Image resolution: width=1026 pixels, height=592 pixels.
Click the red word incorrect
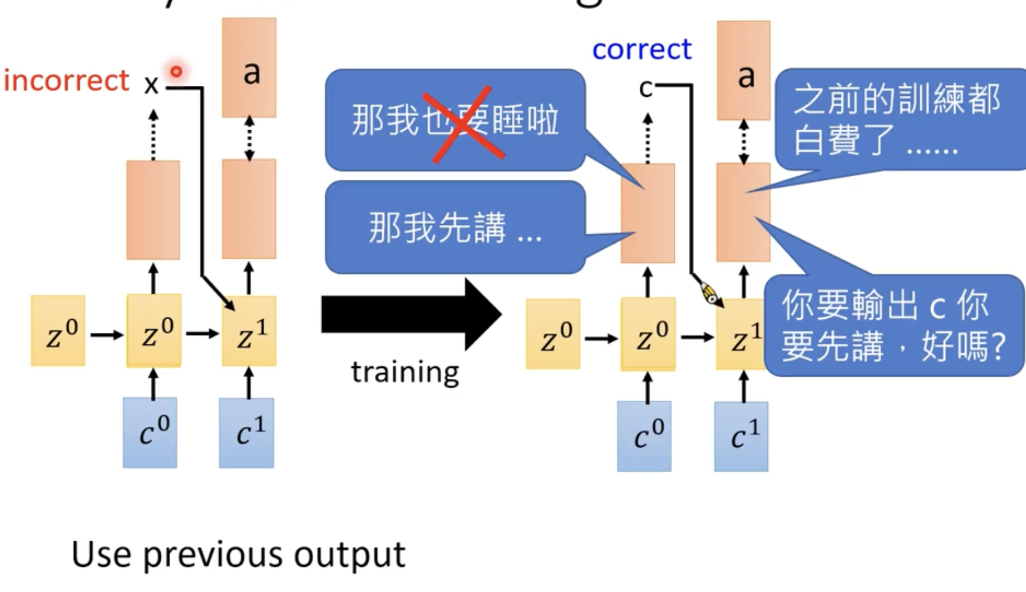[x=66, y=81]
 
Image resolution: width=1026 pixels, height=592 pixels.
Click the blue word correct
[x=642, y=50]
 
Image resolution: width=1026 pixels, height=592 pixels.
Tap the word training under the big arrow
[x=405, y=372]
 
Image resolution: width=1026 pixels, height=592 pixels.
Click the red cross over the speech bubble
[x=468, y=124]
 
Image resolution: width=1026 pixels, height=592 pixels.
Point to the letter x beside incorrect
[x=151, y=85]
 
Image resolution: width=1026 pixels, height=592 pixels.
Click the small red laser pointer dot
[x=176, y=71]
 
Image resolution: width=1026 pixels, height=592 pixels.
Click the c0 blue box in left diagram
[x=150, y=433]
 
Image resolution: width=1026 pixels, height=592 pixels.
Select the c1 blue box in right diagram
[x=741, y=437]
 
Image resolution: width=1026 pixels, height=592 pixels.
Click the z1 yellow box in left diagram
[x=249, y=332]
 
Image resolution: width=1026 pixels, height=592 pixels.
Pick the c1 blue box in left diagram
[x=247, y=433]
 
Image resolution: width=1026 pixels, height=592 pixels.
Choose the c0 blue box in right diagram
[x=644, y=436]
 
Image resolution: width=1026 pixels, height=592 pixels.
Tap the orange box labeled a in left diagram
[x=249, y=68]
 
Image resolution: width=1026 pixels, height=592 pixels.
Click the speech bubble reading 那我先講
[x=455, y=227]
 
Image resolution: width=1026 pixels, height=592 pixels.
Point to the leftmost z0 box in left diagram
[x=58, y=331]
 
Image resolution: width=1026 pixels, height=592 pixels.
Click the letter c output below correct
[x=646, y=89]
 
